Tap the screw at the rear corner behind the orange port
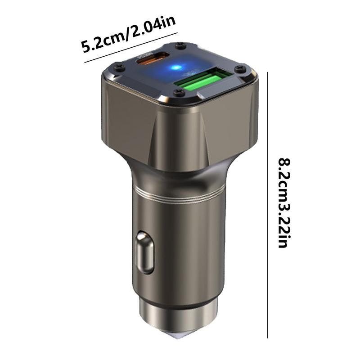tap(181, 45)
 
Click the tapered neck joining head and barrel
tap(178, 169)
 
